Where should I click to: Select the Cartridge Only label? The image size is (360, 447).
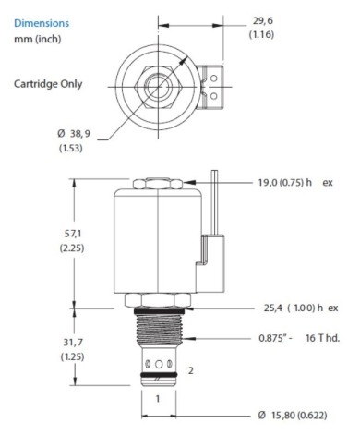click(47, 83)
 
